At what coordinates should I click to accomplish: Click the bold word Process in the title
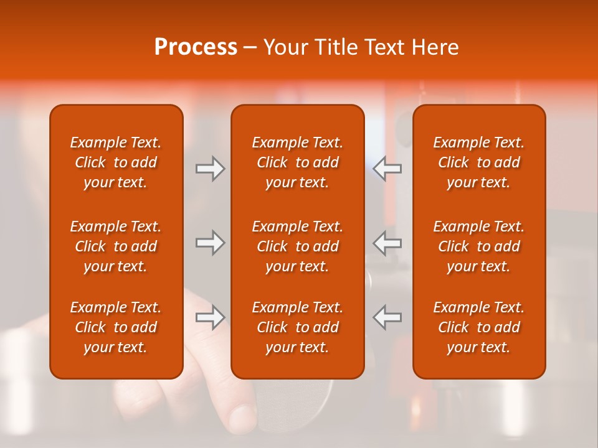[x=196, y=48]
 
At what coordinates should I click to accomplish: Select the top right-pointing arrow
[x=210, y=169]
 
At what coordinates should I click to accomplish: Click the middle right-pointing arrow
[x=210, y=243]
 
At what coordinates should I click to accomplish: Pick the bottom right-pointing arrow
[x=210, y=317]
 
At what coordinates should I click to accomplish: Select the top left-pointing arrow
[x=387, y=169]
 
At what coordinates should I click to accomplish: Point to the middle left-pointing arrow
[x=387, y=243]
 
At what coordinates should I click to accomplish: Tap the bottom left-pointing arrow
[x=387, y=317]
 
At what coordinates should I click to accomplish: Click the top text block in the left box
[x=116, y=162]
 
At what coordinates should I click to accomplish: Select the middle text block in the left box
[x=116, y=246]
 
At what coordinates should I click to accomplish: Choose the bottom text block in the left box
[x=116, y=327]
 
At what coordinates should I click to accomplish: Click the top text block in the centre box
[x=298, y=162]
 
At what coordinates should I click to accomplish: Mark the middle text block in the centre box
[x=298, y=246]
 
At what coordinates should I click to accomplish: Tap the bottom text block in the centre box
[x=298, y=327]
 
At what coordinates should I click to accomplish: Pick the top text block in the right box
[x=479, y=162]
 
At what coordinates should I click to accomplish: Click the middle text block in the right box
[x=479, y=246]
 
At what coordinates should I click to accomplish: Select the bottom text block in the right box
[x=479, y=327]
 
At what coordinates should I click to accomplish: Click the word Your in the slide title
[x=286, y=48]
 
